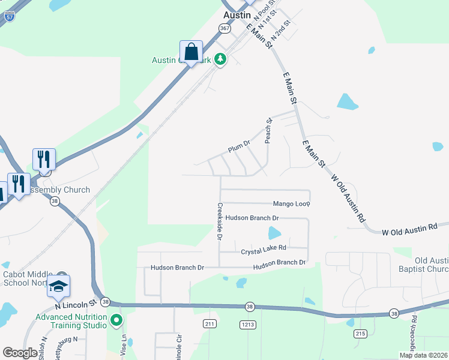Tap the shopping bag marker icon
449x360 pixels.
pos(191,52)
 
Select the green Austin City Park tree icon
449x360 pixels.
pos(221,59)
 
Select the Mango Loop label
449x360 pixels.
pos(291,204)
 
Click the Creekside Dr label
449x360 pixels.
pos(219,221)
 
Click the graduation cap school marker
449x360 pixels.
pos(58,287)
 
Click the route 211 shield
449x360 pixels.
pos(209,324)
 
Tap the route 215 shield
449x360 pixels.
pos(360,333)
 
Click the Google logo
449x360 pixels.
pos(20,353)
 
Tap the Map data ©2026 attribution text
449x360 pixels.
pos(423,355)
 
